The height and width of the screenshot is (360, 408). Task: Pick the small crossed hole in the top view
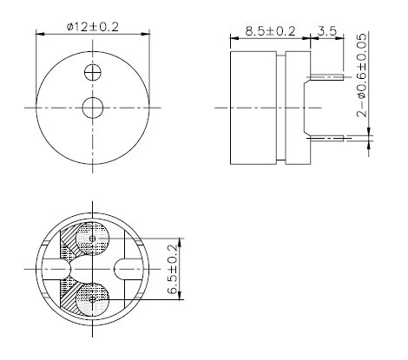tap(93, 72)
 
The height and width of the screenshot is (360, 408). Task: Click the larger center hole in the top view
tap(93, 108)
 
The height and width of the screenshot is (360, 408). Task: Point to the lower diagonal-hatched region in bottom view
tap(68, 289)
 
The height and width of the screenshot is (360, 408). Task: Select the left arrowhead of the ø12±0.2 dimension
tap(39, 35)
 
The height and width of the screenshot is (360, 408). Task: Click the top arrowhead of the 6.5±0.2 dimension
tap(180, 240)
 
